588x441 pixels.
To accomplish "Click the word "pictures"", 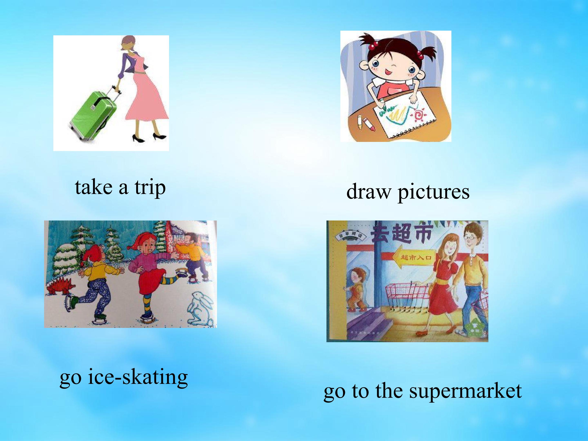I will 433,192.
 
